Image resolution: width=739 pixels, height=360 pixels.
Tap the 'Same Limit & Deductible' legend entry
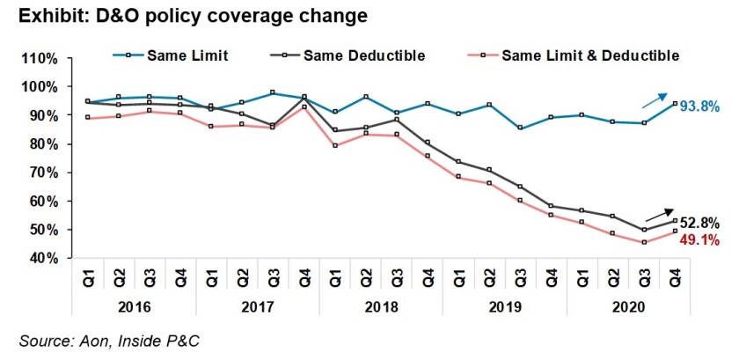click(590, 55)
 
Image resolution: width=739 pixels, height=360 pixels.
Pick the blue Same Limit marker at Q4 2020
click(675, 103)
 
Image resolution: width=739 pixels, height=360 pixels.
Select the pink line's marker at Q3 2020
click(644, 242)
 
